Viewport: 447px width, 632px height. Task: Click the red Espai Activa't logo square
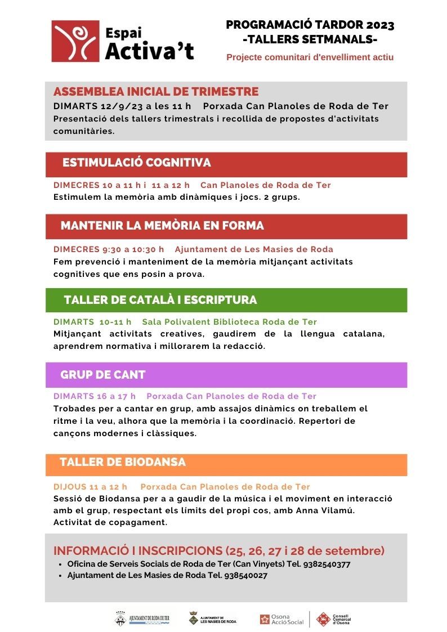(75, 41)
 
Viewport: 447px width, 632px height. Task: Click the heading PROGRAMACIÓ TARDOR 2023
(310, 25)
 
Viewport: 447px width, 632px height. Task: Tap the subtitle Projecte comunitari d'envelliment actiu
(310, 57)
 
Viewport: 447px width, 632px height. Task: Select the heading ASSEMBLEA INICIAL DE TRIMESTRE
(156, 92)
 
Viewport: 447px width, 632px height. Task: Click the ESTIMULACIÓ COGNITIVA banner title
(137, 163)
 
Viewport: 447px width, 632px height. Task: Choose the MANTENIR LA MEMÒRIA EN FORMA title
(162, 226)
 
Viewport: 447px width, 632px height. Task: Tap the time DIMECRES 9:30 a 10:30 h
(109, 249)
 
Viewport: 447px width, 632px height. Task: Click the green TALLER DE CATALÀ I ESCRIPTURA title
(160, 300)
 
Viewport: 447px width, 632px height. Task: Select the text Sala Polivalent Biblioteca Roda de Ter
(229, 322)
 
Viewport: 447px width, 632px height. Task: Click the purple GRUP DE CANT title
(103, 375)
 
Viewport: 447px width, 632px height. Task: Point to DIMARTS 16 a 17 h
(95, 396)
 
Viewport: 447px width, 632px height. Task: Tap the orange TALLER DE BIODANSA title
(123, 463)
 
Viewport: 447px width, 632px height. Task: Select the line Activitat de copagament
(110, 522)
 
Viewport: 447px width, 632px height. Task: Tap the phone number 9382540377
(327, 564)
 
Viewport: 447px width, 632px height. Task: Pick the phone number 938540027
(245, 576)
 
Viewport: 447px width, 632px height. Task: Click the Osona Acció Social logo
(281, 619)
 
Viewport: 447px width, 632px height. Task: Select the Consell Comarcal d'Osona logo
(333, 619)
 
